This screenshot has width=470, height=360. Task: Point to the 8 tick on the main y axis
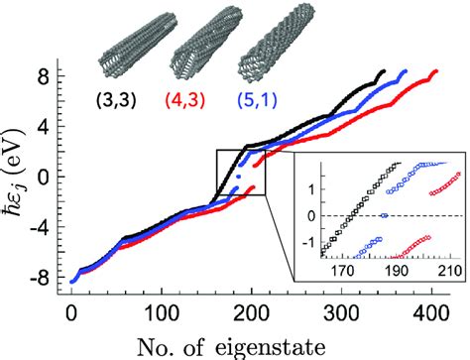[x=59, y=75]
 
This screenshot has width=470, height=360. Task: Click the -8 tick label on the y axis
[x=42, y=278]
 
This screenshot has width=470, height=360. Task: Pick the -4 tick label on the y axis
[x=42, y=227]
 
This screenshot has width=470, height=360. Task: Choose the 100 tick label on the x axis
[x=162, y=313]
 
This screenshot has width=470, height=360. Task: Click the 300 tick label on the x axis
[x=341, y=313]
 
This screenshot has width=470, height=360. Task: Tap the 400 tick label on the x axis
[x=431, y=313]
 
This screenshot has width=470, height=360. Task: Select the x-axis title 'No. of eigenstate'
[x=231, y=347]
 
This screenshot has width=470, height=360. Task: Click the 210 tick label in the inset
[x=450, y=271]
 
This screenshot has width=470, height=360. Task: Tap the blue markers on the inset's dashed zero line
[x=385, y=215]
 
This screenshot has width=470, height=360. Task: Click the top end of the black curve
[x=384, y=71]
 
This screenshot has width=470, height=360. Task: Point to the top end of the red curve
[x=436, y=71]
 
